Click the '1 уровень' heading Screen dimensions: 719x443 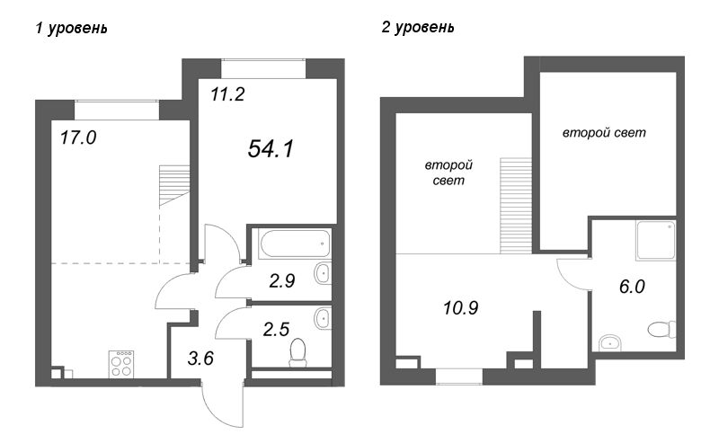click(x=72, y=29)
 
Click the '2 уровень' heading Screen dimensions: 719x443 click(x=418, y=28)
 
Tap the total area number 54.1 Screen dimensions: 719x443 click(x=271, y=149)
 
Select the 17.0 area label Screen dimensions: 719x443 click(x=78, y=137)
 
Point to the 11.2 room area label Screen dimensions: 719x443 click(x=227, y=94)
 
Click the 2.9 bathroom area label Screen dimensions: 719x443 click(x=282, y=280)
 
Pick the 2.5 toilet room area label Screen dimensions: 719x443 click(x=276, y=329)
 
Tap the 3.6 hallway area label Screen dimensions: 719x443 click(x=200, y=359)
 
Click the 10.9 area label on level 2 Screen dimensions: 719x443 click(x=461, y=307)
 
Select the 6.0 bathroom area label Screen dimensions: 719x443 click(x=632, y=287)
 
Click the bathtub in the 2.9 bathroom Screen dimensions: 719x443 click(x=295, y=244)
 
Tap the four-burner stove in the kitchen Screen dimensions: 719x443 click(x=121, y=364)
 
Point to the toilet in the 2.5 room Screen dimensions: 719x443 click(x=298, y=352)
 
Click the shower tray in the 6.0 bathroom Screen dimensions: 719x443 click(x=656, y=240)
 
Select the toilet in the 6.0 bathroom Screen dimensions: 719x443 click(x=662, y=329)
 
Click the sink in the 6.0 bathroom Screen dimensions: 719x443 click(x=610, y=342)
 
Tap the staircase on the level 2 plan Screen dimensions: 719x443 click(x=516, y=206)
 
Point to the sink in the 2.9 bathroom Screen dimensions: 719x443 click(x=323, y=274)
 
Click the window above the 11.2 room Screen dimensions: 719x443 click(x=263, y=69)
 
